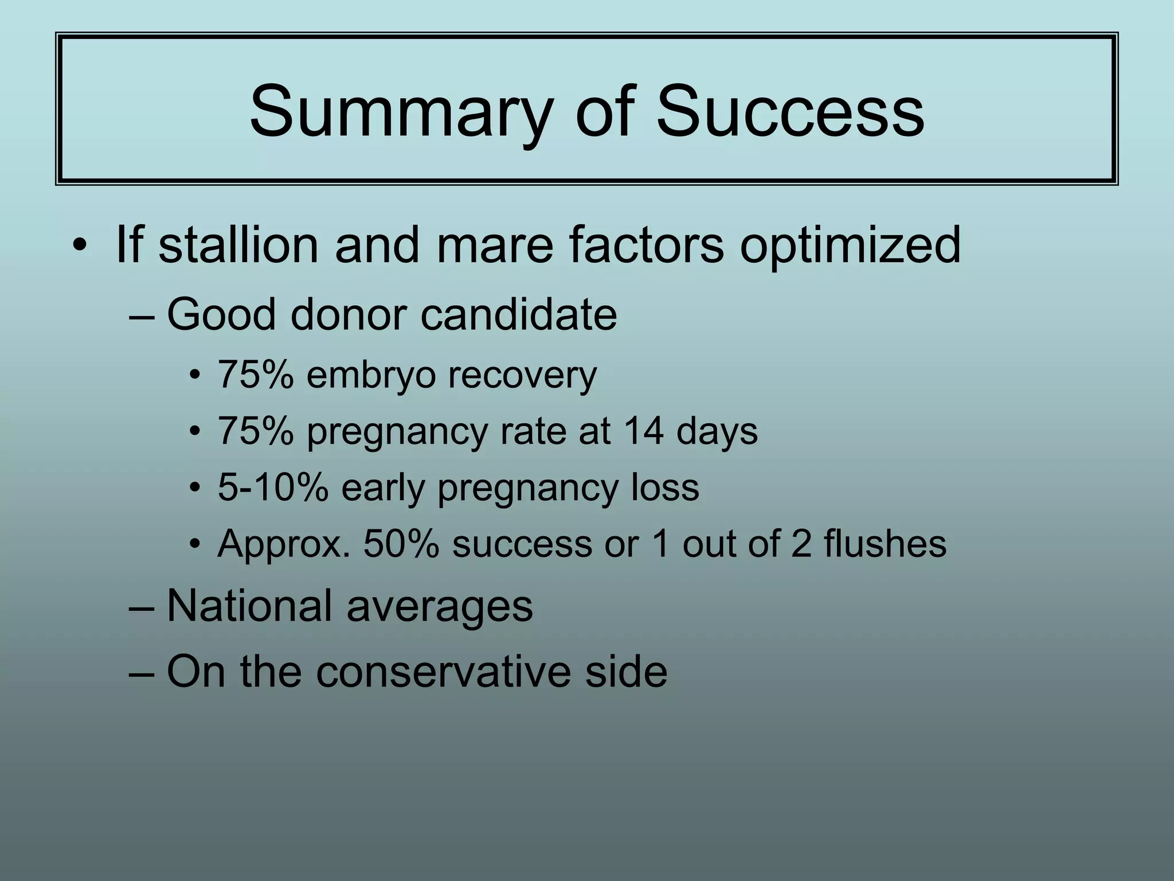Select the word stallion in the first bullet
(237, 245)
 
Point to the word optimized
(850, 245)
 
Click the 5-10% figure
(273, 488)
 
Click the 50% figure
(401, 544)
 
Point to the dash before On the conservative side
(142, 672)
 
